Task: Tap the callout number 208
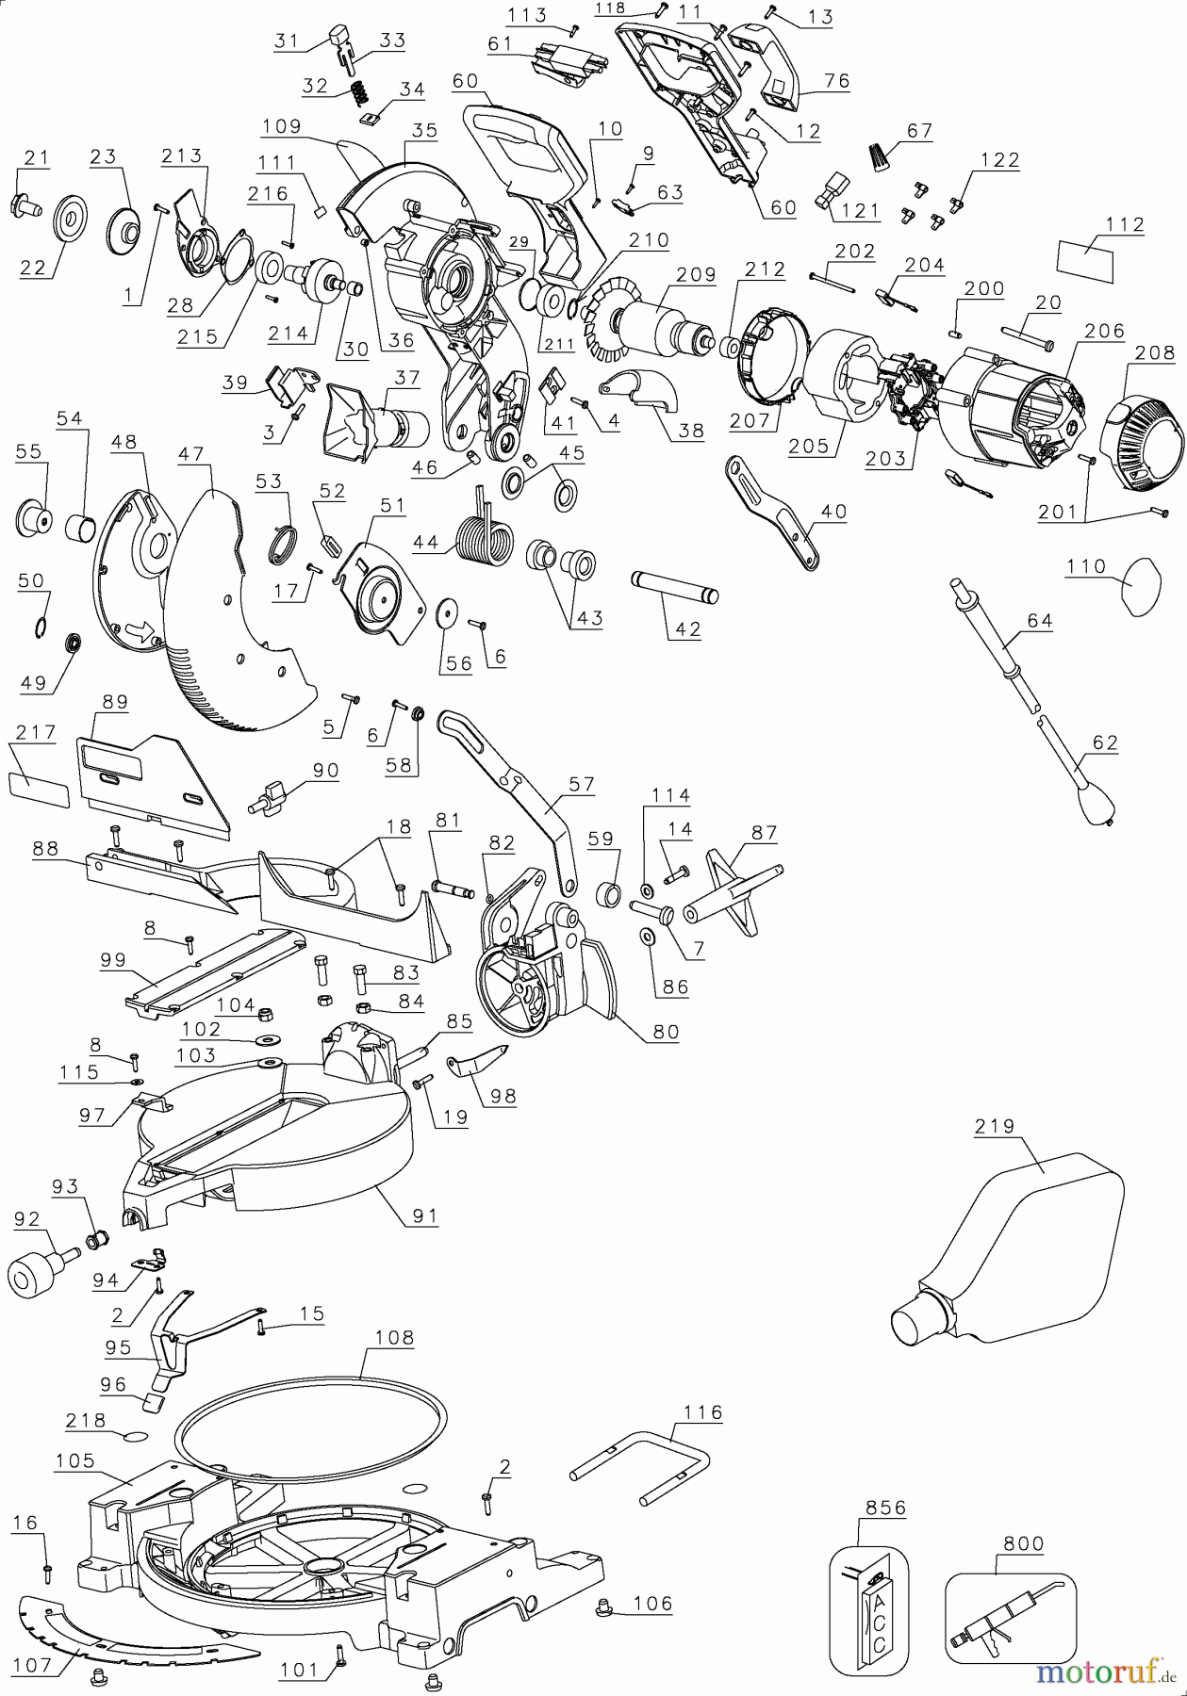(1155, 352)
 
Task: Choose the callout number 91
(425, 1215)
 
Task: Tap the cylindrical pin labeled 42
(675, 588)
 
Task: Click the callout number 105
(75, 1460)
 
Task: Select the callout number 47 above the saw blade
(191, 454)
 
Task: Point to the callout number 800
(1023, 1543)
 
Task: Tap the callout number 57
(581, 783)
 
